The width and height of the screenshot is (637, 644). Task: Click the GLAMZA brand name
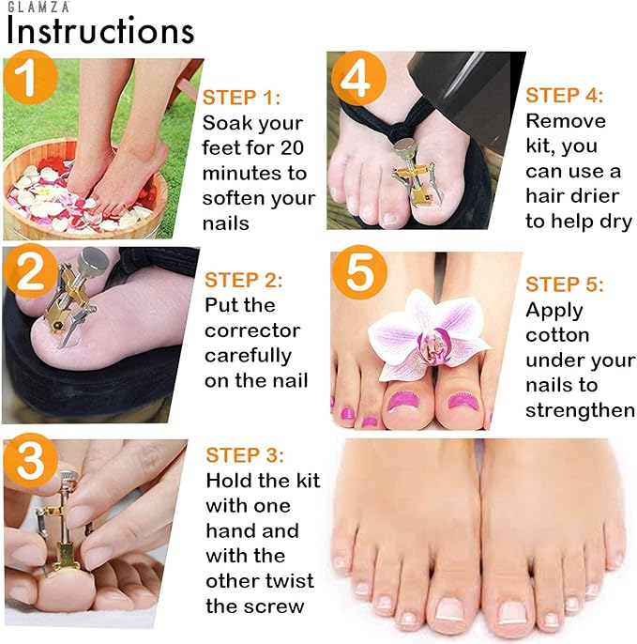pos(38,7)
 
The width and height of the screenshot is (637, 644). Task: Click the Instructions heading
pos(100,31)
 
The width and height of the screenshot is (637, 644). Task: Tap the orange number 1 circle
pos(30,77)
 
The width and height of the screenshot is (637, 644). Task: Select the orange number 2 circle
pos(30,271)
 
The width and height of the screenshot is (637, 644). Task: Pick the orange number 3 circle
pos(30,460)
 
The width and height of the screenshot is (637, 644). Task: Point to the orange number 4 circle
pos(358,78)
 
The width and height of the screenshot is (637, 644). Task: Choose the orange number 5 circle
pos(359,272)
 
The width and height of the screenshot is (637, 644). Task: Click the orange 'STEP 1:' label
pos(242,98)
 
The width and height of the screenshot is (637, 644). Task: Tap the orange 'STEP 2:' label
pos(243,280)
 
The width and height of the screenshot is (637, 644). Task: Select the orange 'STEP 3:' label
pos(245,455)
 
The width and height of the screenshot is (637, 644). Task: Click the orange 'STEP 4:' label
pos(565,96)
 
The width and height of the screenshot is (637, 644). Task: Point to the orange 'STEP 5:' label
pos(565,284)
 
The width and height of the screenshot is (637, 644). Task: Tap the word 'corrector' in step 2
pos(252,330)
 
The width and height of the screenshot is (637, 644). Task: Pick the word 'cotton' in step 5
pos(558,335)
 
